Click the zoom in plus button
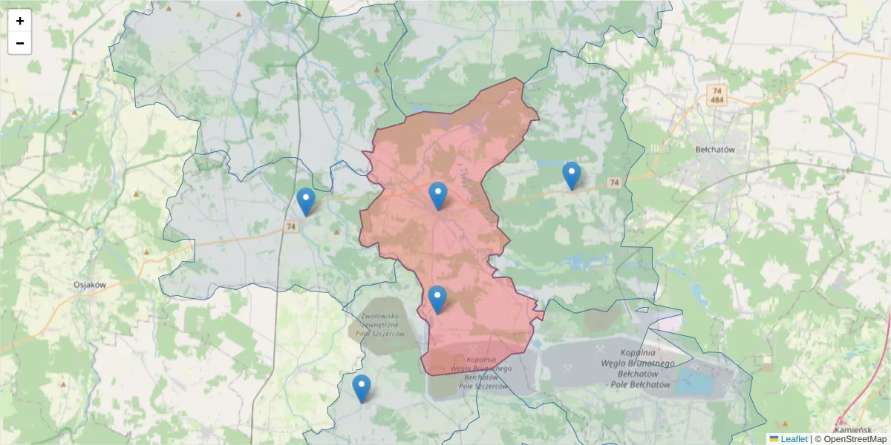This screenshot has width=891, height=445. (x=20, y=21)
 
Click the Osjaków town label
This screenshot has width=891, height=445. (x=91, y=284)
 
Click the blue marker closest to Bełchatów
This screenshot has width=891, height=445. (x=571, y=176)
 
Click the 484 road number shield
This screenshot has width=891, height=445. (x=717, y=100)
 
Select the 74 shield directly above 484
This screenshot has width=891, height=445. (x=717, y=90)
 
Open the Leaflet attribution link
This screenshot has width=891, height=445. (x=792, y=439)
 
